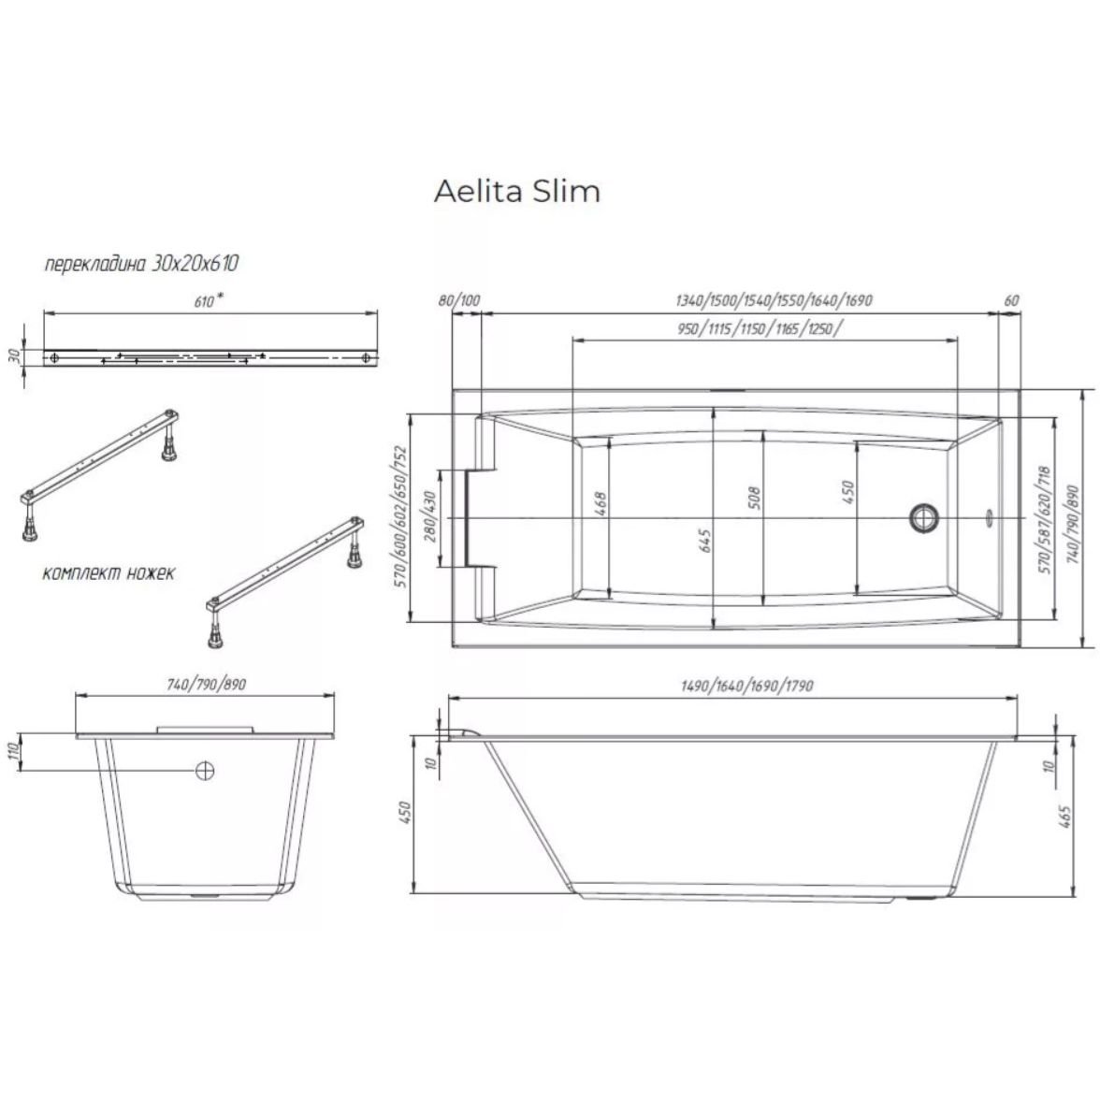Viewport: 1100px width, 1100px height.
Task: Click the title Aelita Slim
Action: pos(517,191)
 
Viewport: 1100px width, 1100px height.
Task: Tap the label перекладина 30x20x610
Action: pos(141,264)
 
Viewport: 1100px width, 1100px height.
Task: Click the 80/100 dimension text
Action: pos(458,301)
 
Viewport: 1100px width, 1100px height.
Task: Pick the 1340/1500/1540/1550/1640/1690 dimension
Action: pos(773,301)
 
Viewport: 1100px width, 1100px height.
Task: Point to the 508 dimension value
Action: pos(754,497)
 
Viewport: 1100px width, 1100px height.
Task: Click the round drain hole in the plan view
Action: pos(924,516)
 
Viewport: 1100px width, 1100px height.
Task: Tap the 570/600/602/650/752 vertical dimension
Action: pos(401,515)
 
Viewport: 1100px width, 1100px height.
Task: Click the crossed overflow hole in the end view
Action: pos(205,770)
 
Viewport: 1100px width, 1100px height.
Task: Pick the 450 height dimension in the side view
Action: pos(406,812)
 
